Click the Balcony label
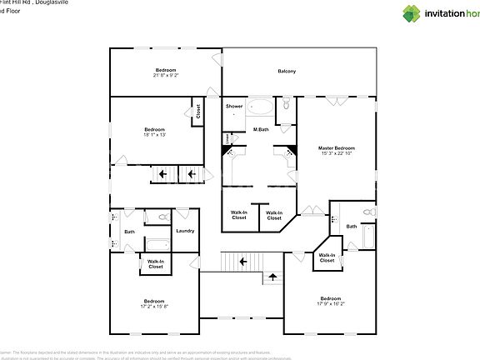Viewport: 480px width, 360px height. (x=287, y=71)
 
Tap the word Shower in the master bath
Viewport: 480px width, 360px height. (x=234, y=106)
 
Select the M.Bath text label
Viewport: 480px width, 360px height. (x=261, y=130)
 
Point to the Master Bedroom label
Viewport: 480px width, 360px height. (x=337, y=147)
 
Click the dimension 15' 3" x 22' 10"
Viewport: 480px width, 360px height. (x=337, y=153)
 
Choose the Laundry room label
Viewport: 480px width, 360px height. (x=185, y=231)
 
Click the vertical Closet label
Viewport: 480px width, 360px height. (x=198, y=110)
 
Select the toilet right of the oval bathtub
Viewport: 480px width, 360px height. (x=285, y=105)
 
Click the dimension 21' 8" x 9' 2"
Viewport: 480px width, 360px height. (x=166, y=75)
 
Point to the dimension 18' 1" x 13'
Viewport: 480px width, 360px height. (x=155, y=134)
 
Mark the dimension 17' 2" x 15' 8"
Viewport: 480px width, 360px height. (x=154, y=306)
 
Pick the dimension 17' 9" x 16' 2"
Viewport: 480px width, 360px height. (x=331, y=303)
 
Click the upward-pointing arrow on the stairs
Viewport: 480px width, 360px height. (x=272, y=277)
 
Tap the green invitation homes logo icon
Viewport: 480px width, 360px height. (x=412, y=13)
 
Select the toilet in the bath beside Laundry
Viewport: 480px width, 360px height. (x=163, y=218)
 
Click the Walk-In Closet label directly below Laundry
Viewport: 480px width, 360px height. (x=155, y=264)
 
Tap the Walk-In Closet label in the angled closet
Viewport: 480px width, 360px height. (x=327, y=257)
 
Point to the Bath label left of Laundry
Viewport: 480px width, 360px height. (x=130, y=232)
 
